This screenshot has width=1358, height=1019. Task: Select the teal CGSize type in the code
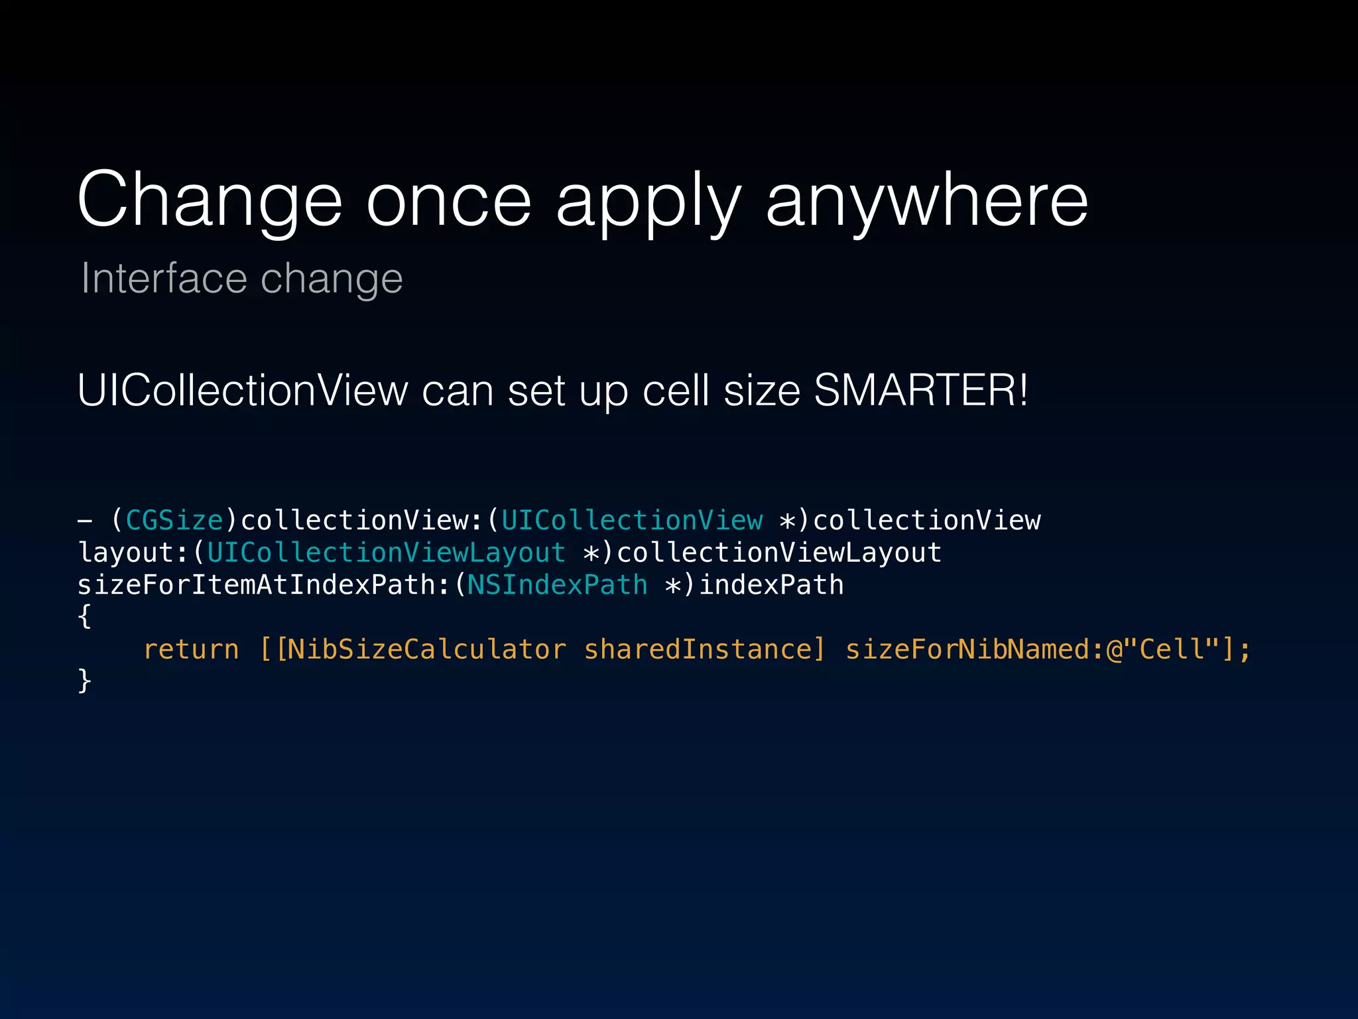(174, 520)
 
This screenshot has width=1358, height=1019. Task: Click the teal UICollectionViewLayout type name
(386, 553)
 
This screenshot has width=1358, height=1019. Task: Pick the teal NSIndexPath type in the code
(557, 585)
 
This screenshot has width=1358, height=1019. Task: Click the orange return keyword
(191, 649)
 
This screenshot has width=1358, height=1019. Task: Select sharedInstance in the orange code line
(698, 649)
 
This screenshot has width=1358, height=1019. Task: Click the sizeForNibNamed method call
(967, 649)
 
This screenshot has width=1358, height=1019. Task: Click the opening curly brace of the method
(84, 616)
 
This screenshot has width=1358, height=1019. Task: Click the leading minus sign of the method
(84, 521)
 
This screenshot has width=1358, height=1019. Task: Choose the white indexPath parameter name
(772, 585)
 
